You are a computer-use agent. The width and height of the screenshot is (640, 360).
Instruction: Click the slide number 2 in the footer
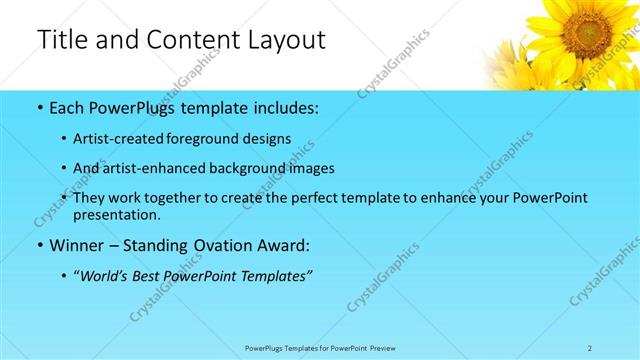pyautogui.click(x=590, y=348)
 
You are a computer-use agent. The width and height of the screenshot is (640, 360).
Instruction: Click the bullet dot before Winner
pyautogui.click(x=39, y=245)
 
